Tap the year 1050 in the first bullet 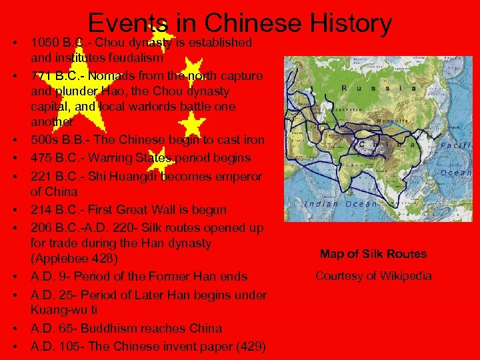[x=45, y=43]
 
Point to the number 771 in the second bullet [x=41, y=75]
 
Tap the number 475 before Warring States [x=41, y=158]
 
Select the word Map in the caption [x=331, y=253]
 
